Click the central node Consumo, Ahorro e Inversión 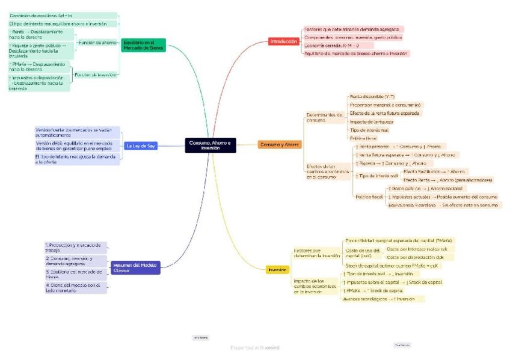(210, 145)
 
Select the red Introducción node (284, 41)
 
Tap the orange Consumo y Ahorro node (280, 145)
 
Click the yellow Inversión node (277, 270)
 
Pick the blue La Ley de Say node (142, 145)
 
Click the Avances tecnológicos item (379, 299)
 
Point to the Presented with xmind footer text (254, 347)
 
